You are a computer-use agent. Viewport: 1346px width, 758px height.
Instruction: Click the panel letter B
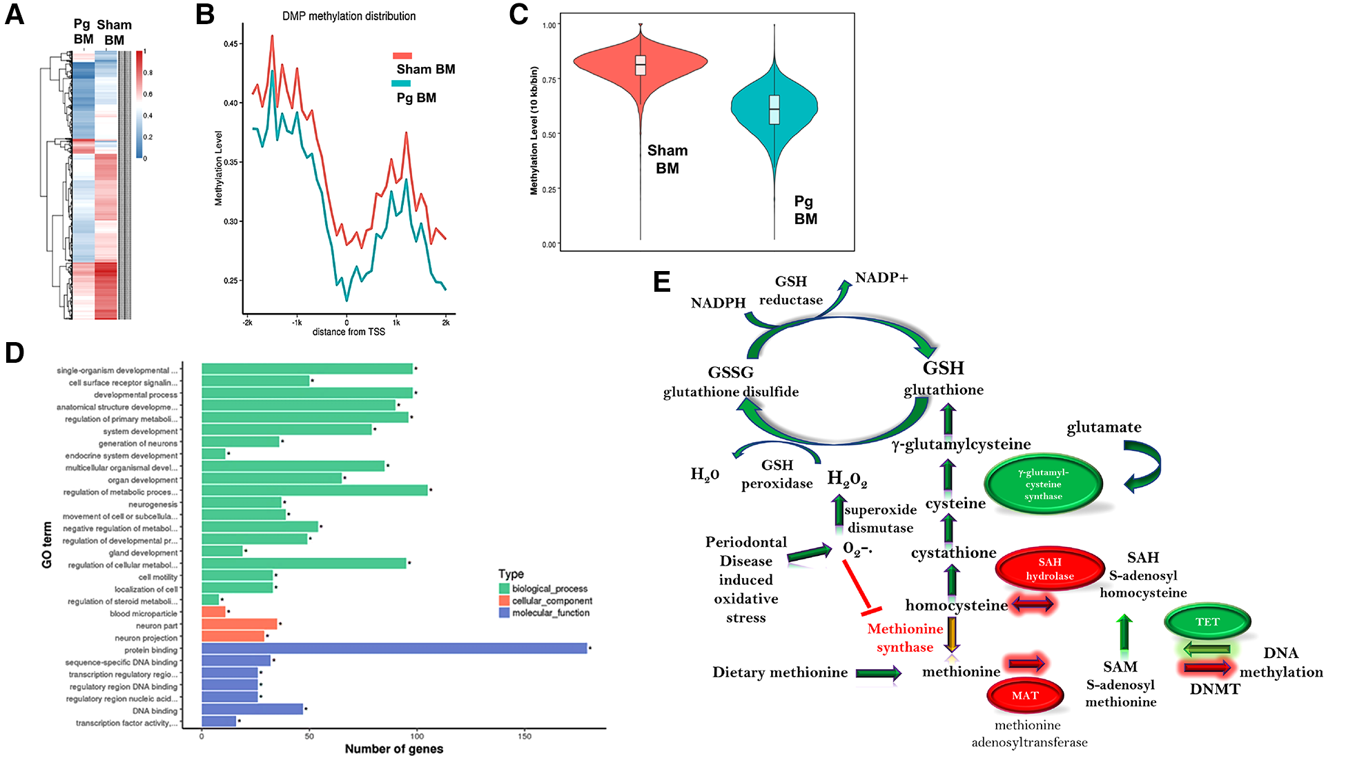(x=204, y=14)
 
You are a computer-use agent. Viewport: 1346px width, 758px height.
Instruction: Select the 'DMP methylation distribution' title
(x=349, y=16)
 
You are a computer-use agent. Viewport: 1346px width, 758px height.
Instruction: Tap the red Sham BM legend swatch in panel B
(x=402, y=56)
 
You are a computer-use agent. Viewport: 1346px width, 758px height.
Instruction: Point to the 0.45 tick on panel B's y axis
(x=231, y=43)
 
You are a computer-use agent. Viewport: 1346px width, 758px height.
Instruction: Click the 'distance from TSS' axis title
(x=349, y=332)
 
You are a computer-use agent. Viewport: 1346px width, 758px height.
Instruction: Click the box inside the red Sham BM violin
(x=641, y=65)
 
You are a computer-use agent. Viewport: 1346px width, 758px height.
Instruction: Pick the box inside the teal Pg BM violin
(x=774, y=110)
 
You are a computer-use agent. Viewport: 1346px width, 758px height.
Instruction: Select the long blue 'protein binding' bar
(x=393, y=648)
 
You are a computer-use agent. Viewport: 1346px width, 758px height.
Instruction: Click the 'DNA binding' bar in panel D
(x=252, y=709)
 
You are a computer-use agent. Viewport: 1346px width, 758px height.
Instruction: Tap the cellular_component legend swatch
(x=504, y=601)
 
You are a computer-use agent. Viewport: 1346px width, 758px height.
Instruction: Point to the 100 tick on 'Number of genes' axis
(x=417, y=736)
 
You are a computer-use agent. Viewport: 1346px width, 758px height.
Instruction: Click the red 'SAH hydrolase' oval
(x=1049, y=569)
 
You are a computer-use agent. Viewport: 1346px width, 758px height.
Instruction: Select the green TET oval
(x=1207, y=621)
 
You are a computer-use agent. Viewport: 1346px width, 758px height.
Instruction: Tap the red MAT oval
(x=1025, y=695)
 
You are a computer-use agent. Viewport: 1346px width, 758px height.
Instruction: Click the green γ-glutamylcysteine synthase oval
(x=1043, y=484)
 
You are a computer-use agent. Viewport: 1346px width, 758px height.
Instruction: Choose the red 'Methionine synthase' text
(x=904, y=638)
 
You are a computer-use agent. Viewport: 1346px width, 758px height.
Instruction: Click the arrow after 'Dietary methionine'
(x=878, y=673)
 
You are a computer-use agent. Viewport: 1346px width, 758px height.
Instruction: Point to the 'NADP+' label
(x=881, y=277)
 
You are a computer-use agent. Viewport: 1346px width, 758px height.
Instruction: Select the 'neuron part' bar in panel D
(x=239, y=624)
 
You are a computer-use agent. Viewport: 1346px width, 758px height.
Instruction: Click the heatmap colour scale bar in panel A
(x=139, y=104)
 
